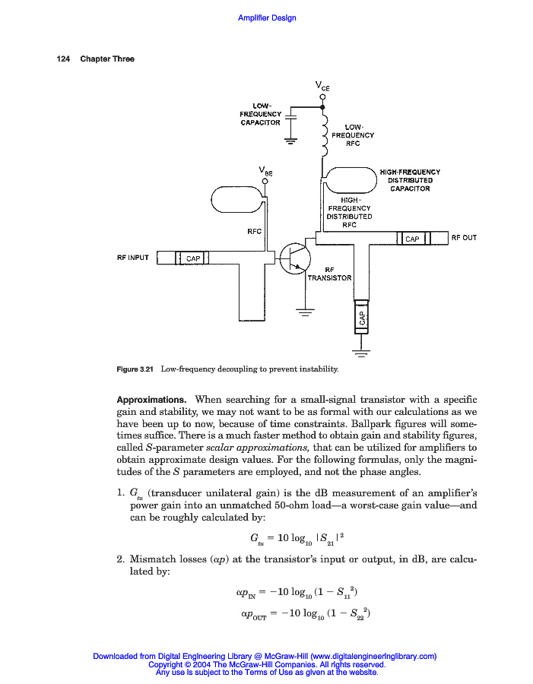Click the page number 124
pos(63,59)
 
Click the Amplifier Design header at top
pos(267,17)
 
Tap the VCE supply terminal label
pos(323,86)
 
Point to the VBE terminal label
pos(265,170)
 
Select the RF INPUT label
pos(133,258)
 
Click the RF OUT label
pos(464,238)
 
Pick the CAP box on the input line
pos(192,258)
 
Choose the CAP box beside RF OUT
pos(412,239)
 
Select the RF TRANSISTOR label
pos(329,274)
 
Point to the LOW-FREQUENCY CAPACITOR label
pos(261,114)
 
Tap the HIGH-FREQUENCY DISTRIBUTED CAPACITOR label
pos(410,181)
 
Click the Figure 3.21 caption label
pos(135,369)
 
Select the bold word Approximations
pos(151,399)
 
